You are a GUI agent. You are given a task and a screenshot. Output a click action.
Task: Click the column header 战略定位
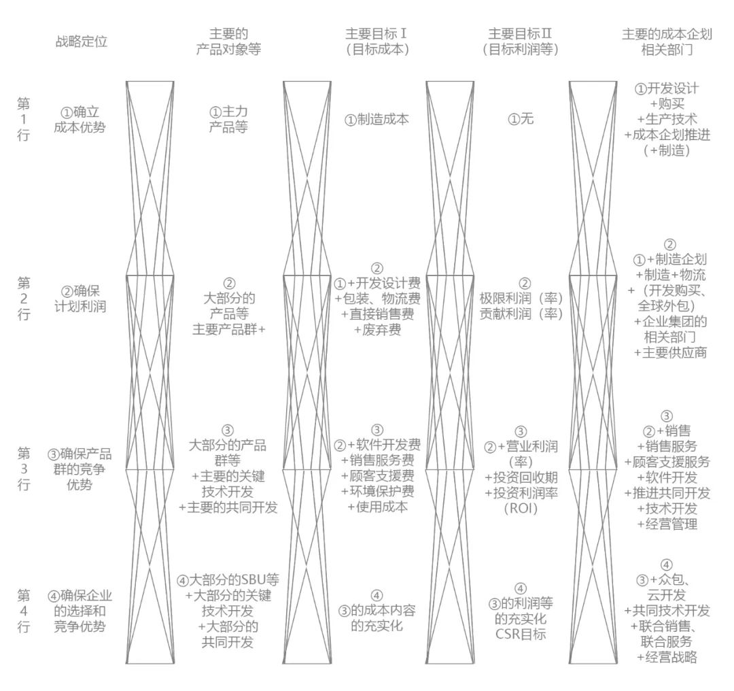coord(81,41)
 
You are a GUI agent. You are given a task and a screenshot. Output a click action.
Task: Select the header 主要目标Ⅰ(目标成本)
coord(377,41)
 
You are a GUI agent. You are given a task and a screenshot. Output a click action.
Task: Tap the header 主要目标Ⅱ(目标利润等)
coord(520,41)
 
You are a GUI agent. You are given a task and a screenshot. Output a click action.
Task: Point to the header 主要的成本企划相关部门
coord(666,41)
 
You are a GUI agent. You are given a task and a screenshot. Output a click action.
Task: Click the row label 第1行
coord(24,120)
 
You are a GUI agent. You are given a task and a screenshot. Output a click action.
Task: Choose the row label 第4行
coord(24,611)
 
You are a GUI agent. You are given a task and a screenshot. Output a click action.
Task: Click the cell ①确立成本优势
coord(81,119)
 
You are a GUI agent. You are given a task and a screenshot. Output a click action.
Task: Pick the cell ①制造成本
coord(377,120)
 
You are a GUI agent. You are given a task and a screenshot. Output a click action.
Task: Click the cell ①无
coord(521,120)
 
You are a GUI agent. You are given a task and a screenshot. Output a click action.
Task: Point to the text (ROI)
coord(521,508)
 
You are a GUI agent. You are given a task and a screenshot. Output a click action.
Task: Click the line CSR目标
coord(521,635)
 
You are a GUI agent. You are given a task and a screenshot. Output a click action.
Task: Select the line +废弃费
coord(377,330)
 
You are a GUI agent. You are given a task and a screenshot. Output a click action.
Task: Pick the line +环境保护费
coord(377,491)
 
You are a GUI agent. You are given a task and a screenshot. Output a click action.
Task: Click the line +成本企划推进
coord(668,135)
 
